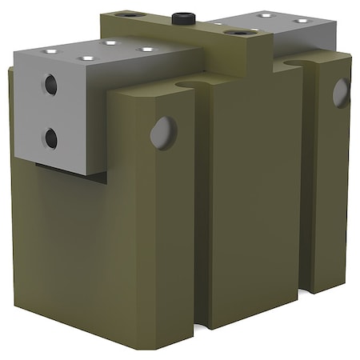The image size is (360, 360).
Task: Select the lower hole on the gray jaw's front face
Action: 50,138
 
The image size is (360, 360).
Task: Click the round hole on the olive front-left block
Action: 163,131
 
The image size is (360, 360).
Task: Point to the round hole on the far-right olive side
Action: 342,93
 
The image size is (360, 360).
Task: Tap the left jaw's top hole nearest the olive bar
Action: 146,50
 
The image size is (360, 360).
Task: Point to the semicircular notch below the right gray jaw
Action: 298,59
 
